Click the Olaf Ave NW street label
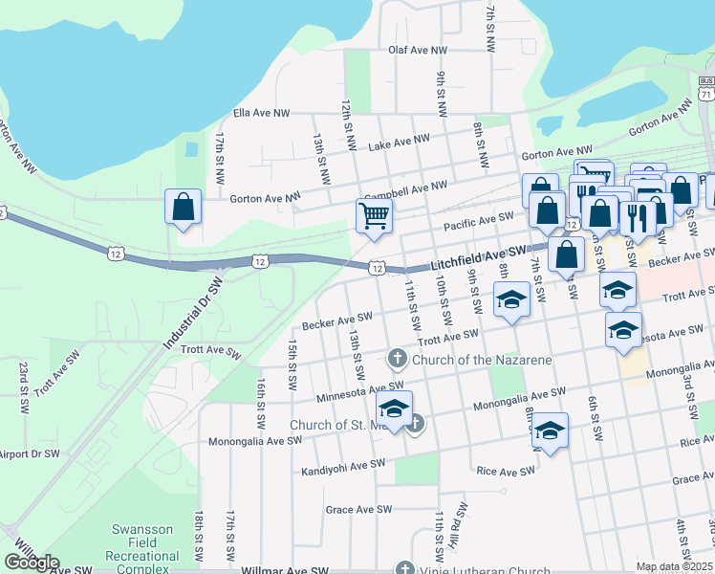(x=418, y=50)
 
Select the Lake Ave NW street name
(x=400, y=142)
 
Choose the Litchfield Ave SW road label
(x=478, y=255)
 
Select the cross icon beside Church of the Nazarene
(x=397, y=360)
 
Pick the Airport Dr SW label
(x=30, y=453)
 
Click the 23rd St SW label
(x=23, y=386)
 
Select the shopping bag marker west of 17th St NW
(x=183, y=206)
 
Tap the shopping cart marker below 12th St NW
(x=374, y=214)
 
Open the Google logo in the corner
(x=32, y=563)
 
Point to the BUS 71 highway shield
(x=705, y=89)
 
